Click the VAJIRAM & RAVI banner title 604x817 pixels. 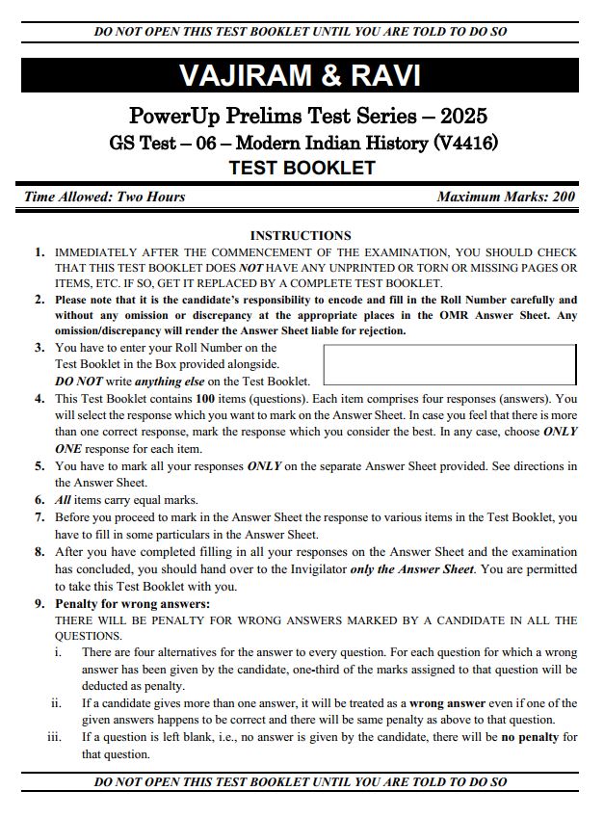(300, 76)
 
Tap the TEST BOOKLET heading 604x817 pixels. (302, 168)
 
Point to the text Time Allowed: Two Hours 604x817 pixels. (105, 197)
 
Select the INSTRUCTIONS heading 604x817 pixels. (301, 235)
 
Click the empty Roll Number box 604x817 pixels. (449, 364)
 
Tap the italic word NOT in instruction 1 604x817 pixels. (250, 267)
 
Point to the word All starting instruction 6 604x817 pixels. (64, 500)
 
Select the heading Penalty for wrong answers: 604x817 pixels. (132, 603)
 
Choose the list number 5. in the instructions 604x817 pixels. (39, 466)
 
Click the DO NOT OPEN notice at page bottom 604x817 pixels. (301, 782)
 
